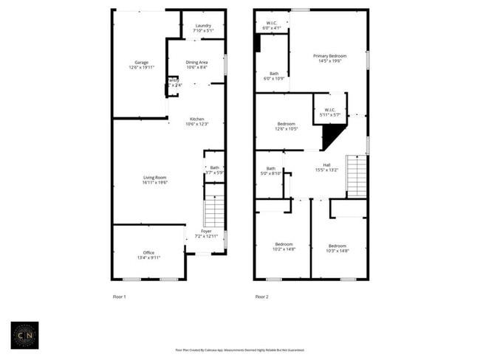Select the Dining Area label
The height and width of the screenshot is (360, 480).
pyautogui.click(x=196, y=65)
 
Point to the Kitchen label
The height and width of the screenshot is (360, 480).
pyautogui.click(x=196, y=122)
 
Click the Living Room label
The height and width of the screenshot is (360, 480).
pyautogui.click(x=155, y=179)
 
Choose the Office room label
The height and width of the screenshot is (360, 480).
pyautogui.click(x=148, y=255)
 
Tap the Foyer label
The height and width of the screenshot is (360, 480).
pyautogui.click(x=206, y=234)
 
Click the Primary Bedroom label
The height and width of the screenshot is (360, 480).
pyautogui.click(x=329, y=58)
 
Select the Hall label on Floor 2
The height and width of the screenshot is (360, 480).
pyautogui.click(x=326, y=167)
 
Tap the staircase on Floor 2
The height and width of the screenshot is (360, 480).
pyautogui.click(x=357, y=177)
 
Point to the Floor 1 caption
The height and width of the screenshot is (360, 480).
pyautogui.click(x=119, y=297)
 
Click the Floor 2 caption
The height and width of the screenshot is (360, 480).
pyautogui.click(x=261, y=297)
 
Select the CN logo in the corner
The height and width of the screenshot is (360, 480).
pyautogui.click(x=25, y=336)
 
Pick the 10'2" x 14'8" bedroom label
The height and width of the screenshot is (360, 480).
pyautogui.click(x=284, y=247)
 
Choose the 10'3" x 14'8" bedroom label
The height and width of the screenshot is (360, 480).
pyautogui.click(x=337, y=248)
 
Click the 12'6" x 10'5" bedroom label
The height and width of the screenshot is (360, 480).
pyautogui.click(x=287, y=126)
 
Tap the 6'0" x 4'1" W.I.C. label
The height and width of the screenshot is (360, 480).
pyautogui.click(x=272, y=26)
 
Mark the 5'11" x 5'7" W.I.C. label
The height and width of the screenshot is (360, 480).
pyautogui.click(x=329, y=113)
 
